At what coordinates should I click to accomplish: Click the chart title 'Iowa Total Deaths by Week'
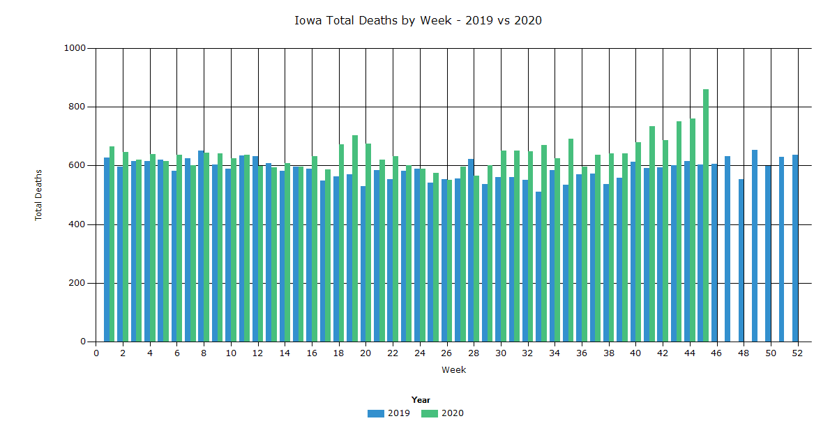418,20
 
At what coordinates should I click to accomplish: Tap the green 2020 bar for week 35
571,240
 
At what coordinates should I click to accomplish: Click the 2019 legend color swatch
376,413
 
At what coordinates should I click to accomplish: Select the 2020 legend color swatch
430,413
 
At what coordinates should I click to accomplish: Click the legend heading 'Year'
421,400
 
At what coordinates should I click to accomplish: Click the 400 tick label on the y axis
78,224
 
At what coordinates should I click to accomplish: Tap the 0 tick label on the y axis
83,342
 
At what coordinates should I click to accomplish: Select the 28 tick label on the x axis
474,353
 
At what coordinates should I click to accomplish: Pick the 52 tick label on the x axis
797,353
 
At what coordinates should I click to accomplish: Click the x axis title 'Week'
453,370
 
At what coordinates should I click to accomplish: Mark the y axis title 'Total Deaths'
39,195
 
